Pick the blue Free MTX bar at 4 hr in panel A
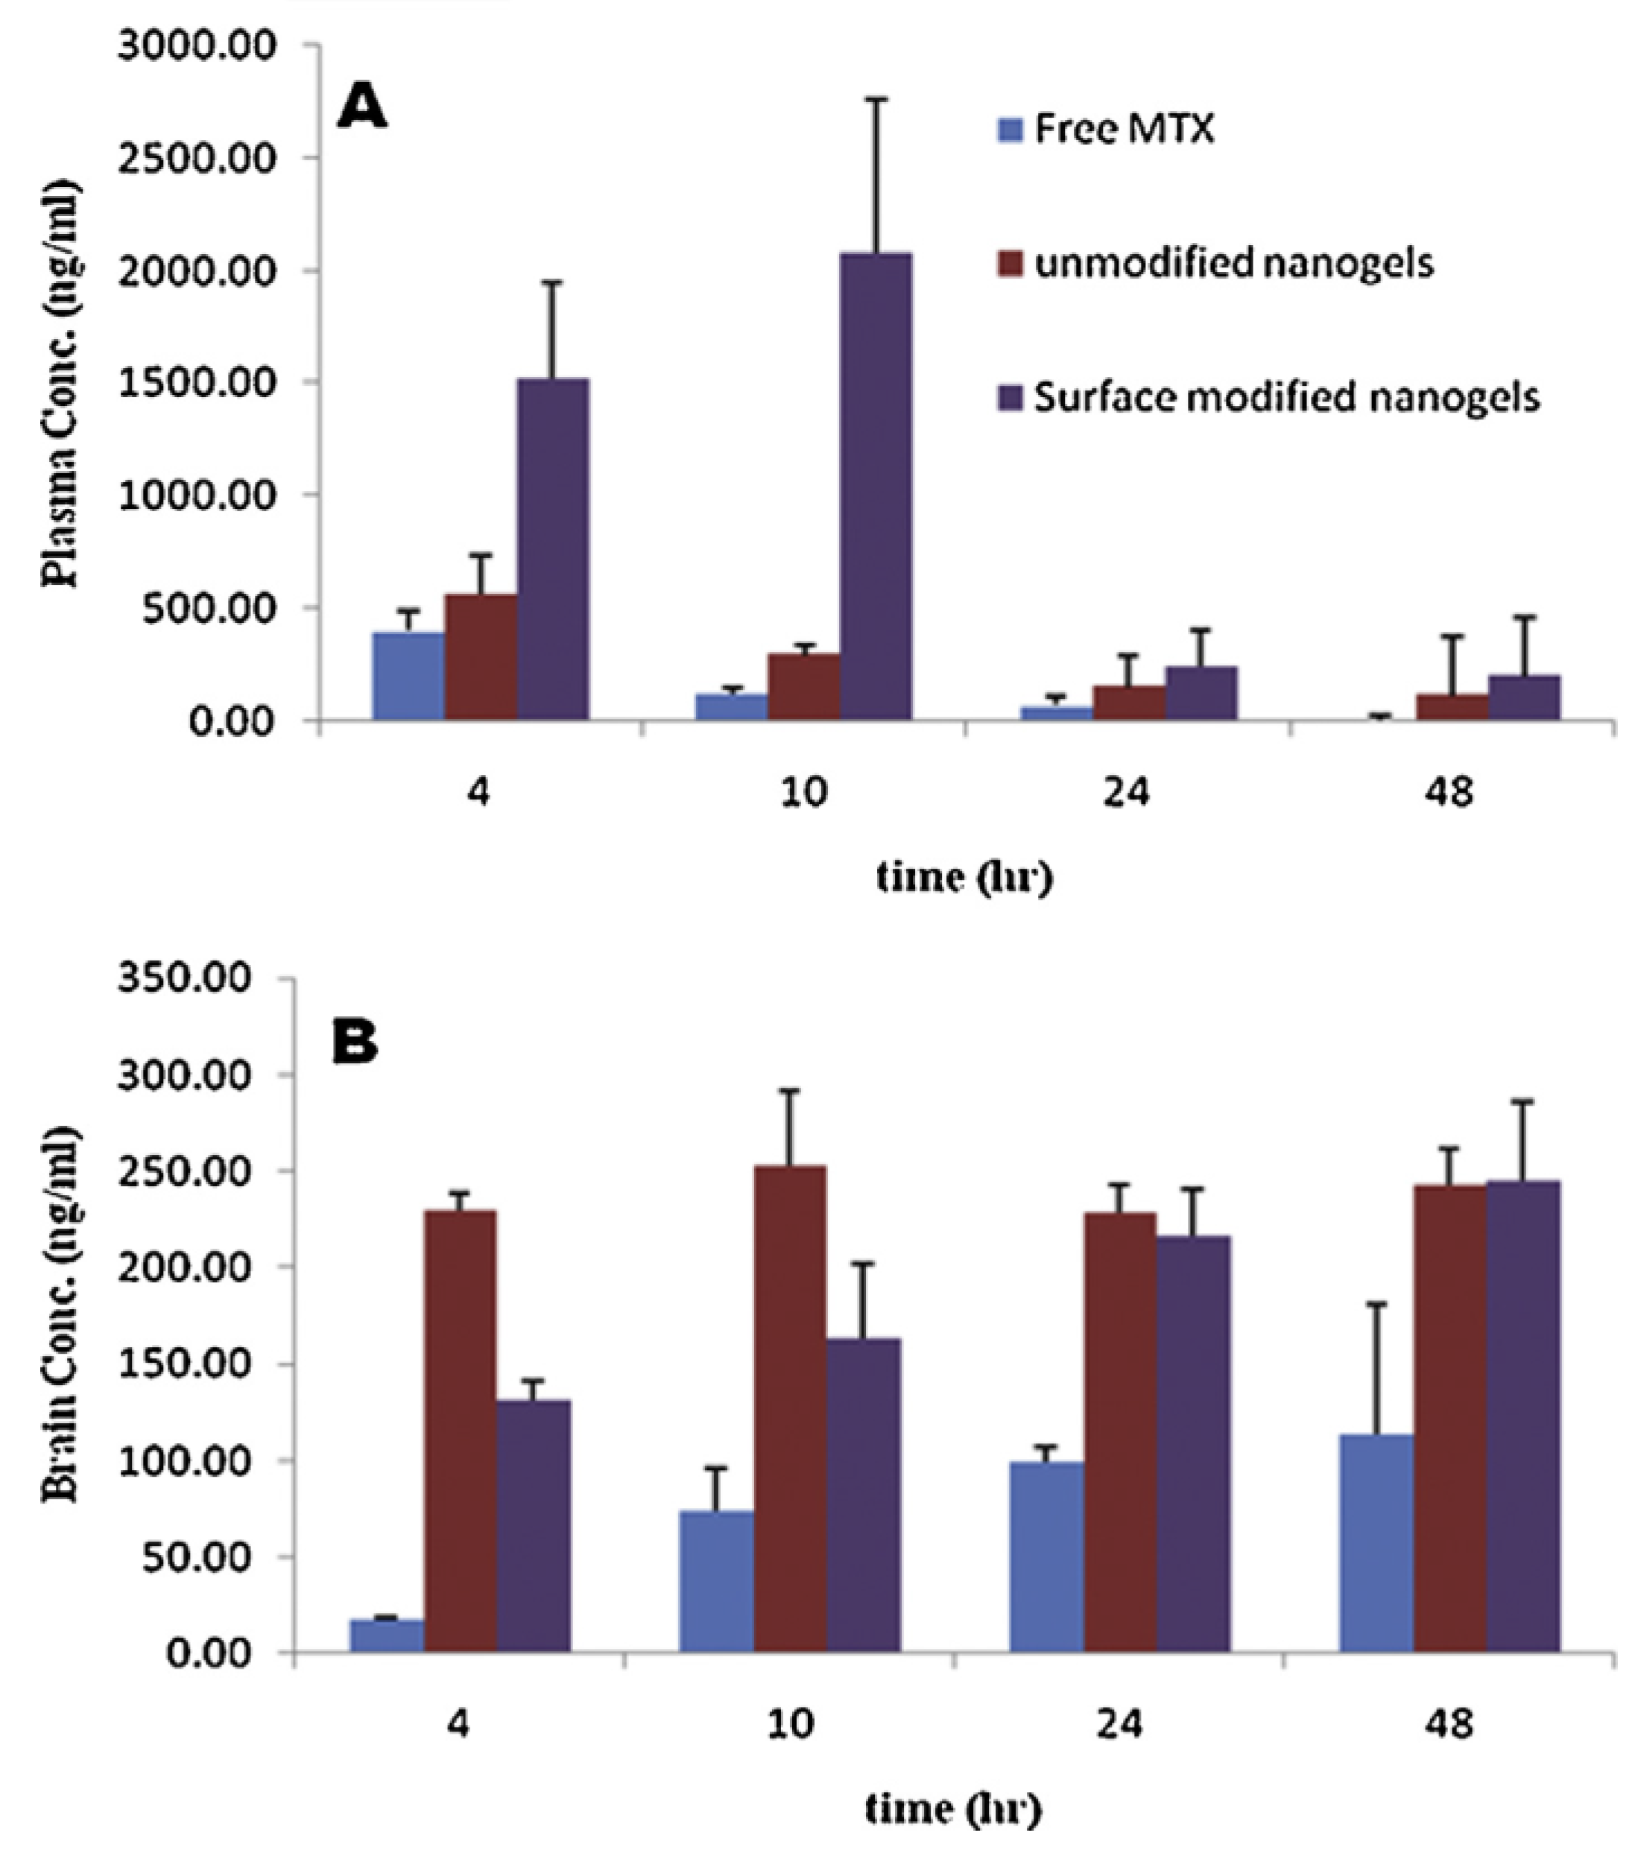coord(408,677)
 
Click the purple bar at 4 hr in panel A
coord(553,549)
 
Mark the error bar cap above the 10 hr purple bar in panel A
coord(876,98)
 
